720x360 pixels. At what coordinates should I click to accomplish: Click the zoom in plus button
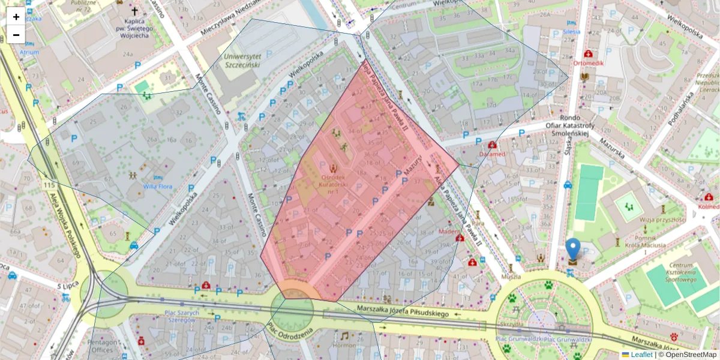pyautogui.click(x=16, y=16)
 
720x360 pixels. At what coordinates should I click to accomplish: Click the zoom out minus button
pyautogui.click(x=16, y=35)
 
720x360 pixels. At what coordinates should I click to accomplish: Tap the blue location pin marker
pyautogui.click(x=573, y=250)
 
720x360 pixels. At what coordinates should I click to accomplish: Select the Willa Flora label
pyautogui.click(x=157, y=187)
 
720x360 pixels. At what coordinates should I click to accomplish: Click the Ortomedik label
pyautogui.click(x=588, y=62)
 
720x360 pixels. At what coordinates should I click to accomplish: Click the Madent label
pyautogui.click(x=449, y=232)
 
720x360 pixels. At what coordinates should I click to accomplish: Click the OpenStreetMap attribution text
pyautogui.click(x=690, y=355)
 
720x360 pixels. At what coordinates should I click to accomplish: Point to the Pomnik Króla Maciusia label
pyautogui.click(x=644, y=241)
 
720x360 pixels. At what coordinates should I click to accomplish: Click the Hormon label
pyautogui.click(x=344, y=345)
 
